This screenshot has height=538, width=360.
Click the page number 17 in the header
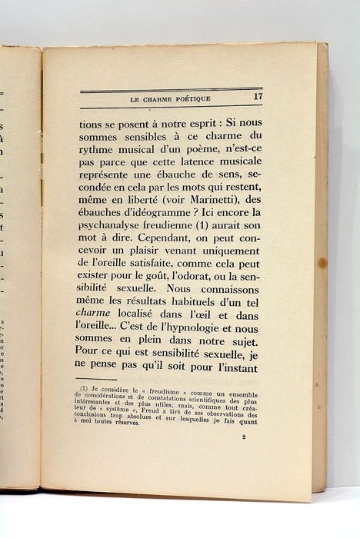tap(258, 97)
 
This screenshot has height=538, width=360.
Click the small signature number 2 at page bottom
tap(243, 437)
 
